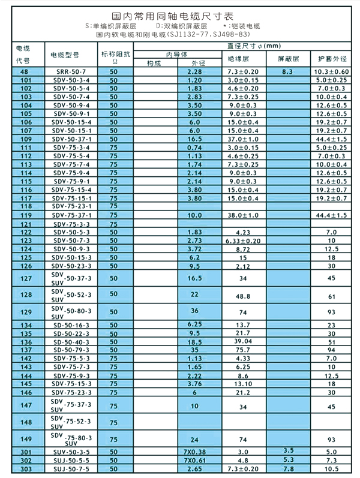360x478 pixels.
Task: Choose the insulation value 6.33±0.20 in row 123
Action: tap(242, 240)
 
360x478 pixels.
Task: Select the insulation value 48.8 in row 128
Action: tap(242, 296)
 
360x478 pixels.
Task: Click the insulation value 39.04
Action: tap(242, 341)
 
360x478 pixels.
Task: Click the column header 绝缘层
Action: tap(242, 60)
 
